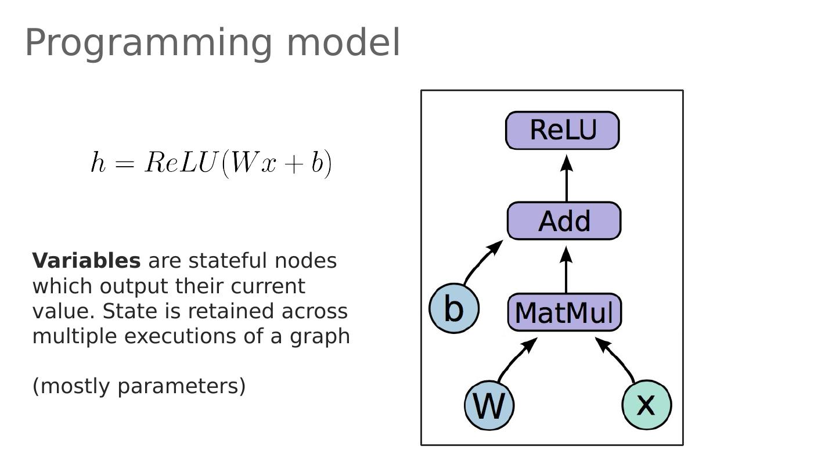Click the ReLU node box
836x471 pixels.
563,130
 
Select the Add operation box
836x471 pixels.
564,221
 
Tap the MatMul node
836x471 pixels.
564,312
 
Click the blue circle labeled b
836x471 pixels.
454,308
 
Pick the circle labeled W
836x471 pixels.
489,405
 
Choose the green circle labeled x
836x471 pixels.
646,404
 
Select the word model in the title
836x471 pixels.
343,43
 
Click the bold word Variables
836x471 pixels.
86,261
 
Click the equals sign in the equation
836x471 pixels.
124,164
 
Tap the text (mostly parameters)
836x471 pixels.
139,386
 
